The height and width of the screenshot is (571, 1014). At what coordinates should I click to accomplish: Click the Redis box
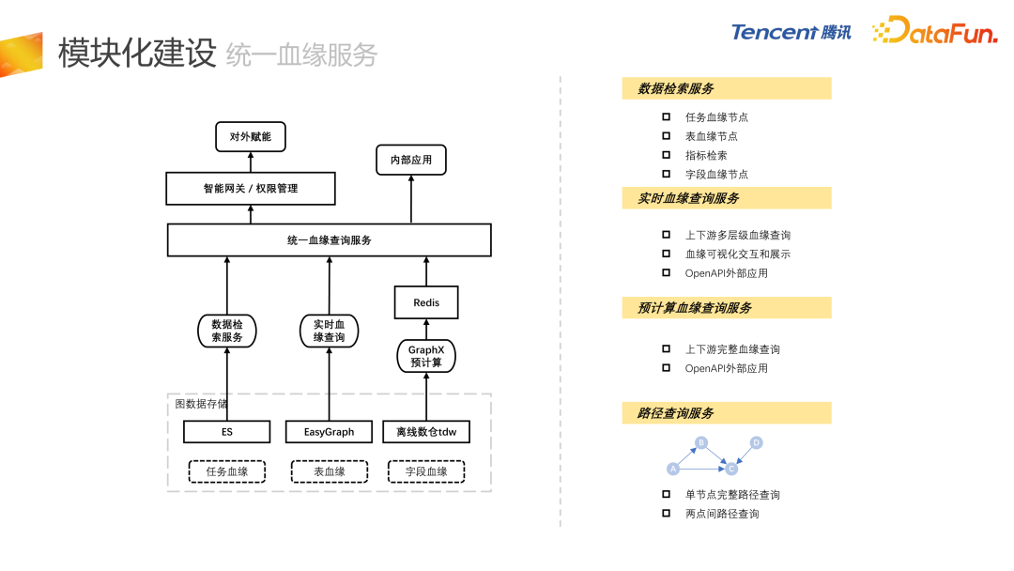click(426, 303)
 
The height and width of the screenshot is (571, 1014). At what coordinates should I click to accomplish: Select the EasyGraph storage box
click(330, 432)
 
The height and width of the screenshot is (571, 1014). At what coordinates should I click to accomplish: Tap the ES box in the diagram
click(227, 432)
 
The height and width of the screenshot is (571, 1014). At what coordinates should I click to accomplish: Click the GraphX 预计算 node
click(426, 356)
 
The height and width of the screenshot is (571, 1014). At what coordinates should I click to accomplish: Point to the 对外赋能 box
click(251, 136)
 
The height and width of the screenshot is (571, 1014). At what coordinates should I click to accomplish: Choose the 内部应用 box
click(411, 160)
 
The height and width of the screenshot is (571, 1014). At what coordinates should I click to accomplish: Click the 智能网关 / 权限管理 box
click(251, 188)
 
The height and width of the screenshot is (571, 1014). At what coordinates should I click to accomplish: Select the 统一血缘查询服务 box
click(330, 240)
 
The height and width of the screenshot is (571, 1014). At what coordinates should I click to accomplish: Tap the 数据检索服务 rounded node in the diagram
click(227, 331)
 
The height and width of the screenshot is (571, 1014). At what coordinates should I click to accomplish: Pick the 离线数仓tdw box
click(426, 432)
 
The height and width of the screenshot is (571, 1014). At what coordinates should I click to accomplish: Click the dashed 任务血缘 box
click(227, 471)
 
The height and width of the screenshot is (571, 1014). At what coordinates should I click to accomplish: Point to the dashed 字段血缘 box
click(426, 471)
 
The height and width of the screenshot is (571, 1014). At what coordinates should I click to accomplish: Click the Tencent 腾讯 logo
click(791, 32)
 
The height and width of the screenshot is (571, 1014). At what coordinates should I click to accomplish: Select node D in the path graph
click(756, 442)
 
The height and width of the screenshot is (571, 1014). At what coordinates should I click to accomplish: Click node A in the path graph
click(672, 468)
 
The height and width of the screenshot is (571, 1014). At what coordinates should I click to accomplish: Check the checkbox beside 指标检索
click(666, 155)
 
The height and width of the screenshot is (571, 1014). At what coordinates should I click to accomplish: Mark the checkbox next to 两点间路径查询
click(666, 514)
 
